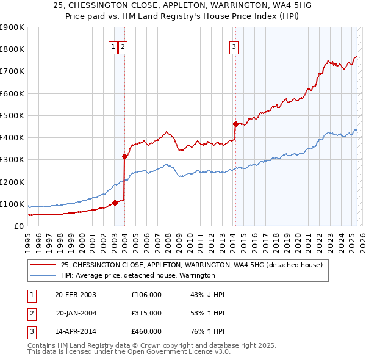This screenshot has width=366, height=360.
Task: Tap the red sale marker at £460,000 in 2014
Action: [235, 124]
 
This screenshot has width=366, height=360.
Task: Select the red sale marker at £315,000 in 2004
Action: [124, 156]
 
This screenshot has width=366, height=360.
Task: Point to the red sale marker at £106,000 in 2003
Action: [115, 203]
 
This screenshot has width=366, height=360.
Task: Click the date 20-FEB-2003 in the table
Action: [76, 295]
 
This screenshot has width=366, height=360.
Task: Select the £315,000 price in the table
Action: [146, 313]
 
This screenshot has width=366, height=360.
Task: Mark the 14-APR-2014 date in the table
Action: [76, 331]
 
